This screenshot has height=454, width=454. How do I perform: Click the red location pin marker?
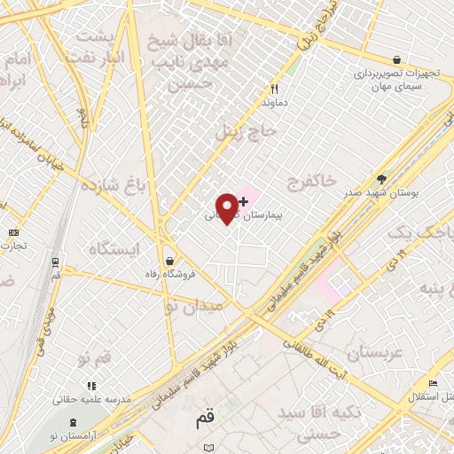(228, 207)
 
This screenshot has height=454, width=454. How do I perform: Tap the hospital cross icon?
(243, 201)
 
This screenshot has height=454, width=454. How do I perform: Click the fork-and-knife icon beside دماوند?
(274, 89)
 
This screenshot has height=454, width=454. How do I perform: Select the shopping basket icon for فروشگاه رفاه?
(168, 261)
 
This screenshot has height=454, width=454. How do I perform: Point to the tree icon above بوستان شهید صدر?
(381, 178)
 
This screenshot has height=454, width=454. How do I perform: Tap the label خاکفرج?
(311, 182)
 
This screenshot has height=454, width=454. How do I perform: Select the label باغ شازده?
(112, 187)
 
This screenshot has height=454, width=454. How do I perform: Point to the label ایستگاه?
(114, 249)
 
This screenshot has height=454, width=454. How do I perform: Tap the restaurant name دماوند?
(276, 103)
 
